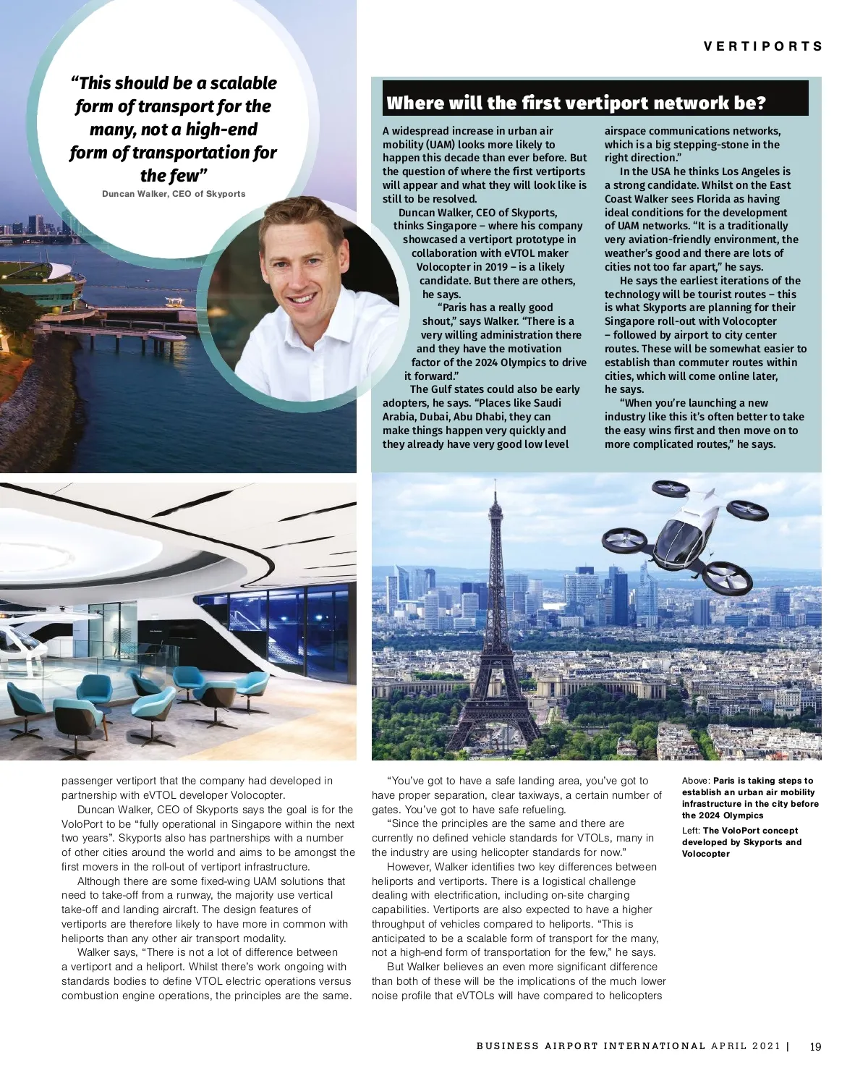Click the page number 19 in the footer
(815, 1046)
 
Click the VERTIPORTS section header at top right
(763, 46)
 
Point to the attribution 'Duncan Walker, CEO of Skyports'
(174, 194)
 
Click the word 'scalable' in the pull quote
(243, 83)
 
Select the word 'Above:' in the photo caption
(696, 781)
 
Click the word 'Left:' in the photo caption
(691, 831)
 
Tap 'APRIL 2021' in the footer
(746, 1046)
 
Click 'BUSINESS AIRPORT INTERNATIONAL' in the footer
(590, 1046)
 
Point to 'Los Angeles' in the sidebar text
(756, 171)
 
